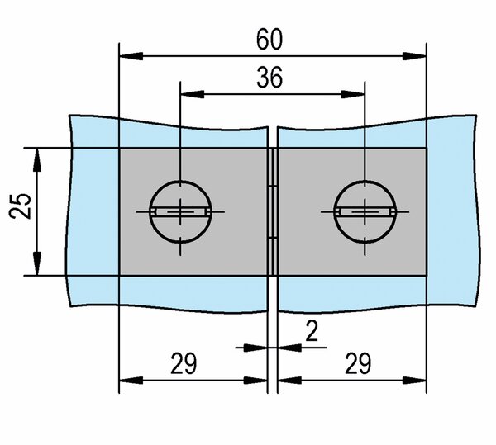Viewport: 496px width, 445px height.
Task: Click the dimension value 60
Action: point(269,40)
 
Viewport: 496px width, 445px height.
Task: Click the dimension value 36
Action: point(269,78)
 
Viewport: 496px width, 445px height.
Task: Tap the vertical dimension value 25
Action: point(20,206)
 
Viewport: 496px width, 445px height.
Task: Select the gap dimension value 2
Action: point(312,332)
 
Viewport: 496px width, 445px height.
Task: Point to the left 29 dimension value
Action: point(184,364)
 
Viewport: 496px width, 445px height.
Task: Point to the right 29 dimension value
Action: point(358,364)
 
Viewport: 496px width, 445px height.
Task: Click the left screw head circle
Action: point(180,181)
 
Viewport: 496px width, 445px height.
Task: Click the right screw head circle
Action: point(365,181)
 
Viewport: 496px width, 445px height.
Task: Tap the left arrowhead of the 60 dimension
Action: point(131,56)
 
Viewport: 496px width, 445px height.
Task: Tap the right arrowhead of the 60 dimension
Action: point(414,56)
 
